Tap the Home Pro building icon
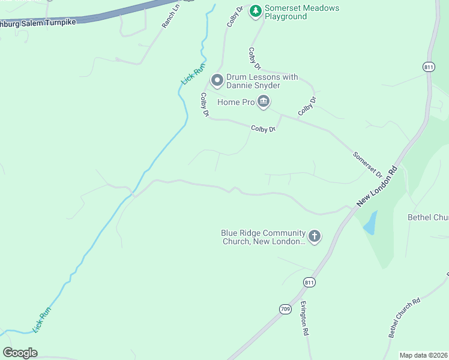click(263, 103)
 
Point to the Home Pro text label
click(236, 103)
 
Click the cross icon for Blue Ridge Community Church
click(315, 236)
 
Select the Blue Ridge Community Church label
click(263, 237)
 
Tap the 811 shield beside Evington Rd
click(309, 282)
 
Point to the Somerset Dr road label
click(367, 164)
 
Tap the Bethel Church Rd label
click(404, 317)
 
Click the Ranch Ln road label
click(170, 19)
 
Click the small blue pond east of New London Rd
click(370, 223)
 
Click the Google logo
click(20, 352)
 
